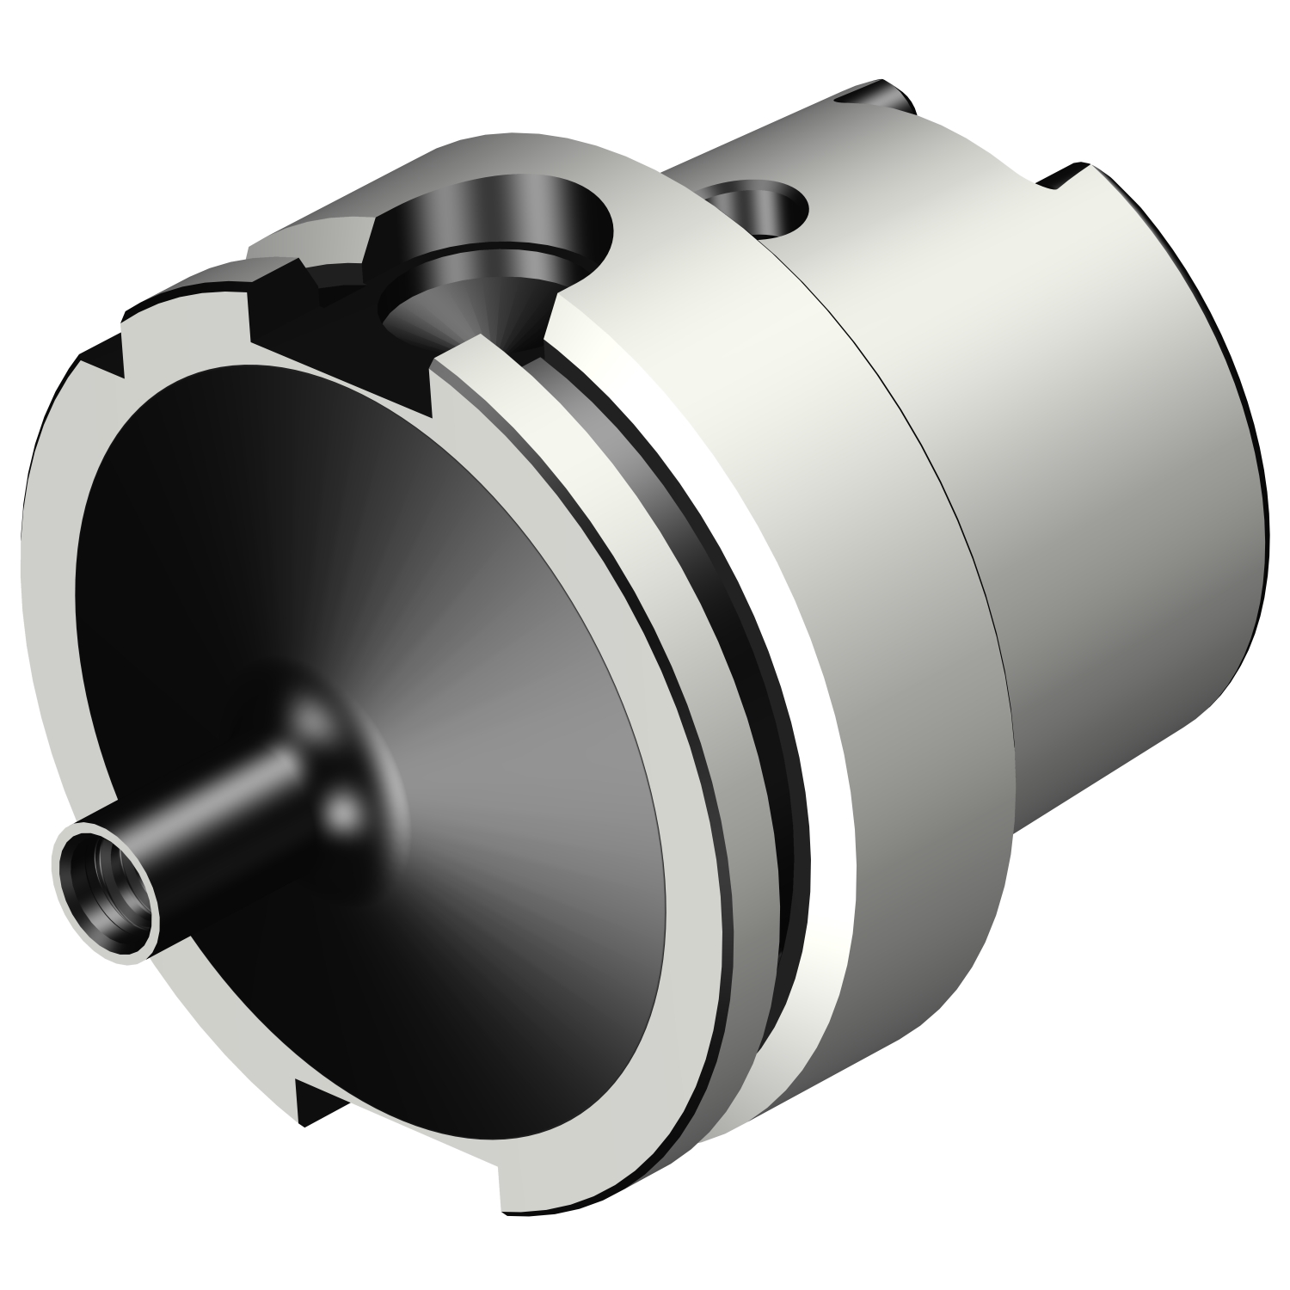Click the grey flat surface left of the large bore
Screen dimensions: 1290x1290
point(310,241)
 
